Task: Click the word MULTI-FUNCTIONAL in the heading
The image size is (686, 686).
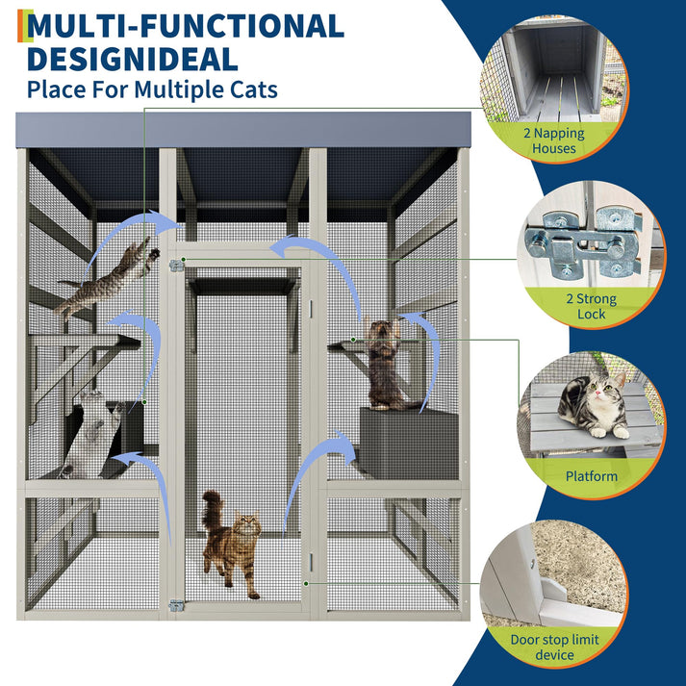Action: point(186,26)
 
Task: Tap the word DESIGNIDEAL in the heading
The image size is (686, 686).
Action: point(133,60)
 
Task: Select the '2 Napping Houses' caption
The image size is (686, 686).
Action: point(554,140)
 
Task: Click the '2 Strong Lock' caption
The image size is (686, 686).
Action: point(591,306)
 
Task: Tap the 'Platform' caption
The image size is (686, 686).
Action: point(591,476)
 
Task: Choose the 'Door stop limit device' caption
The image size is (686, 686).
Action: point(554,648)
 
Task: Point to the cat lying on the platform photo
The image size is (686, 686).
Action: point(592,404)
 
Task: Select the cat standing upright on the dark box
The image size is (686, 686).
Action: point(385,364)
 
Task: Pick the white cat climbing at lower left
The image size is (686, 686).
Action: point(91,433)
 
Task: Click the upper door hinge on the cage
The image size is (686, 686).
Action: point(176,266)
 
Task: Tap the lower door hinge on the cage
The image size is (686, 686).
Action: point(176,605)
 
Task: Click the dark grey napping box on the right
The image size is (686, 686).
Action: point(408,444)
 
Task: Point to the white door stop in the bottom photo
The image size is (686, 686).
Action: point(552,591)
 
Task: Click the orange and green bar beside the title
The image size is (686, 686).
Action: point(25,26)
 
